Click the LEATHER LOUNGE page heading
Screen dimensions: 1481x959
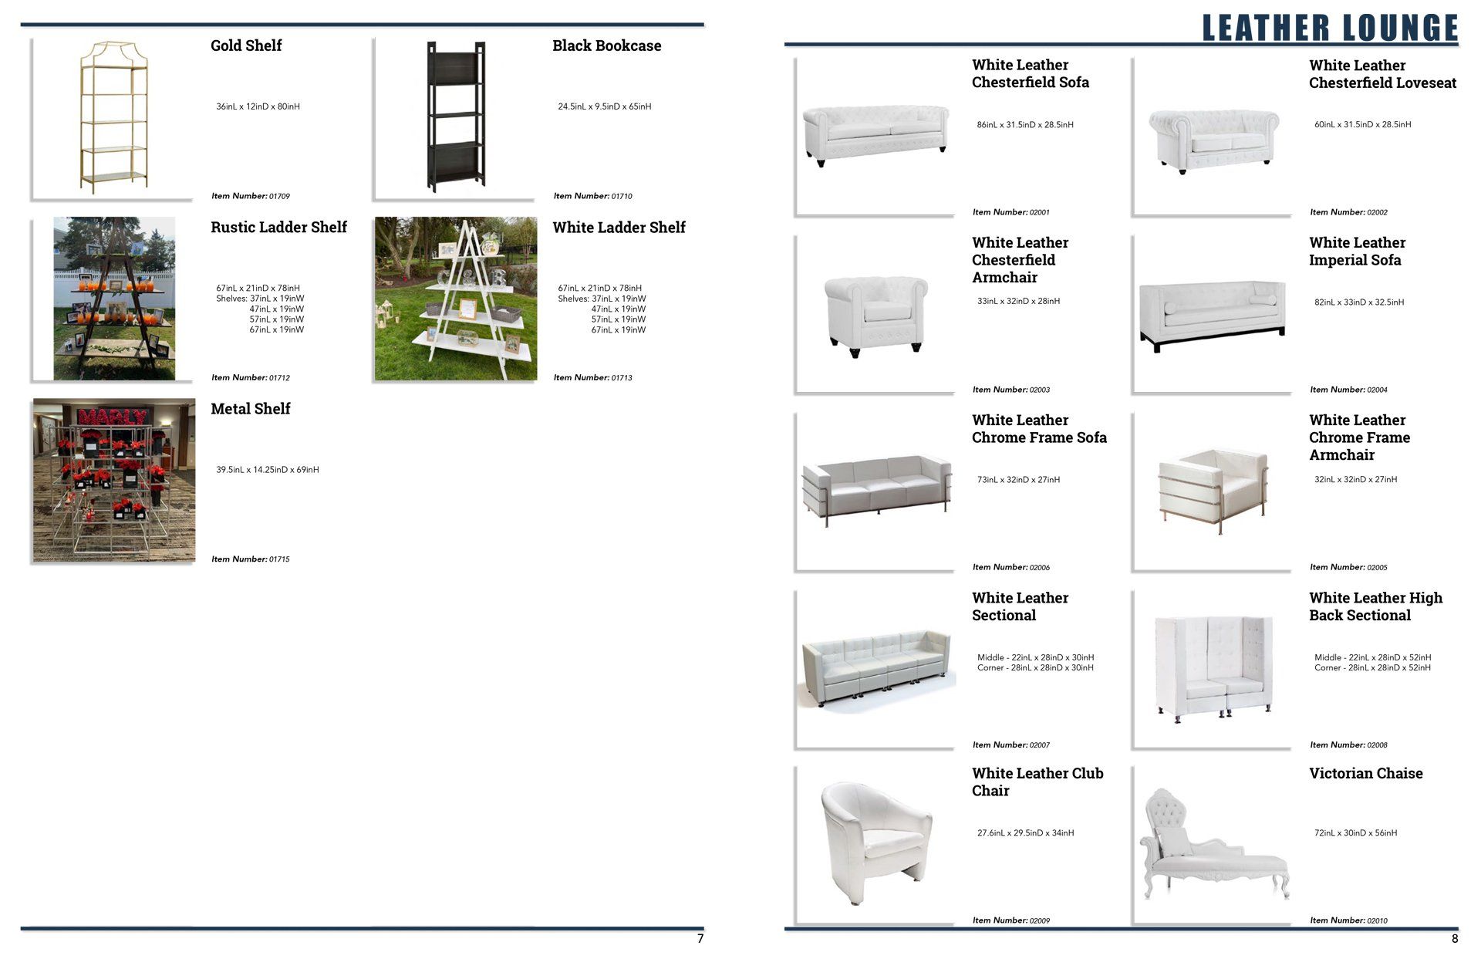point(1330,28)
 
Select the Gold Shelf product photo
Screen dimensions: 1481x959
point(113,117)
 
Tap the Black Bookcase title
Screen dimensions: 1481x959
point(606,46)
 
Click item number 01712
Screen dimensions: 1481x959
point(251,377)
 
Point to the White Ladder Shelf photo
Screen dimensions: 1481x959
point(456,299)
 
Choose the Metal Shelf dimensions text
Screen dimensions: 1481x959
point(267,470)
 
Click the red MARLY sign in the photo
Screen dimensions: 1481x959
point(112,417)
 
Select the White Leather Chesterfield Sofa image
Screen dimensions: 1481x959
point(875,135)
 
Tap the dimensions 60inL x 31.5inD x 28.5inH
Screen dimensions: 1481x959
point(1362,124)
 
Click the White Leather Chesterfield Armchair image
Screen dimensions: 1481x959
point(875,316)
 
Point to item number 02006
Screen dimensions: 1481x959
point(1010,567)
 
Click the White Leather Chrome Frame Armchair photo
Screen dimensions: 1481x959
point(1213,490)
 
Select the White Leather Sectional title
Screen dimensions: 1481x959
point(1020,606)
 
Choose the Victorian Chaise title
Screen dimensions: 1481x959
point(1365,774)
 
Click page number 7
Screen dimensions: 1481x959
point(700,939)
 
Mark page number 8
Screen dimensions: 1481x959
point(1455,939)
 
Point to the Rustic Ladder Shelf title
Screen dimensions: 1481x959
point(278,228)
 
